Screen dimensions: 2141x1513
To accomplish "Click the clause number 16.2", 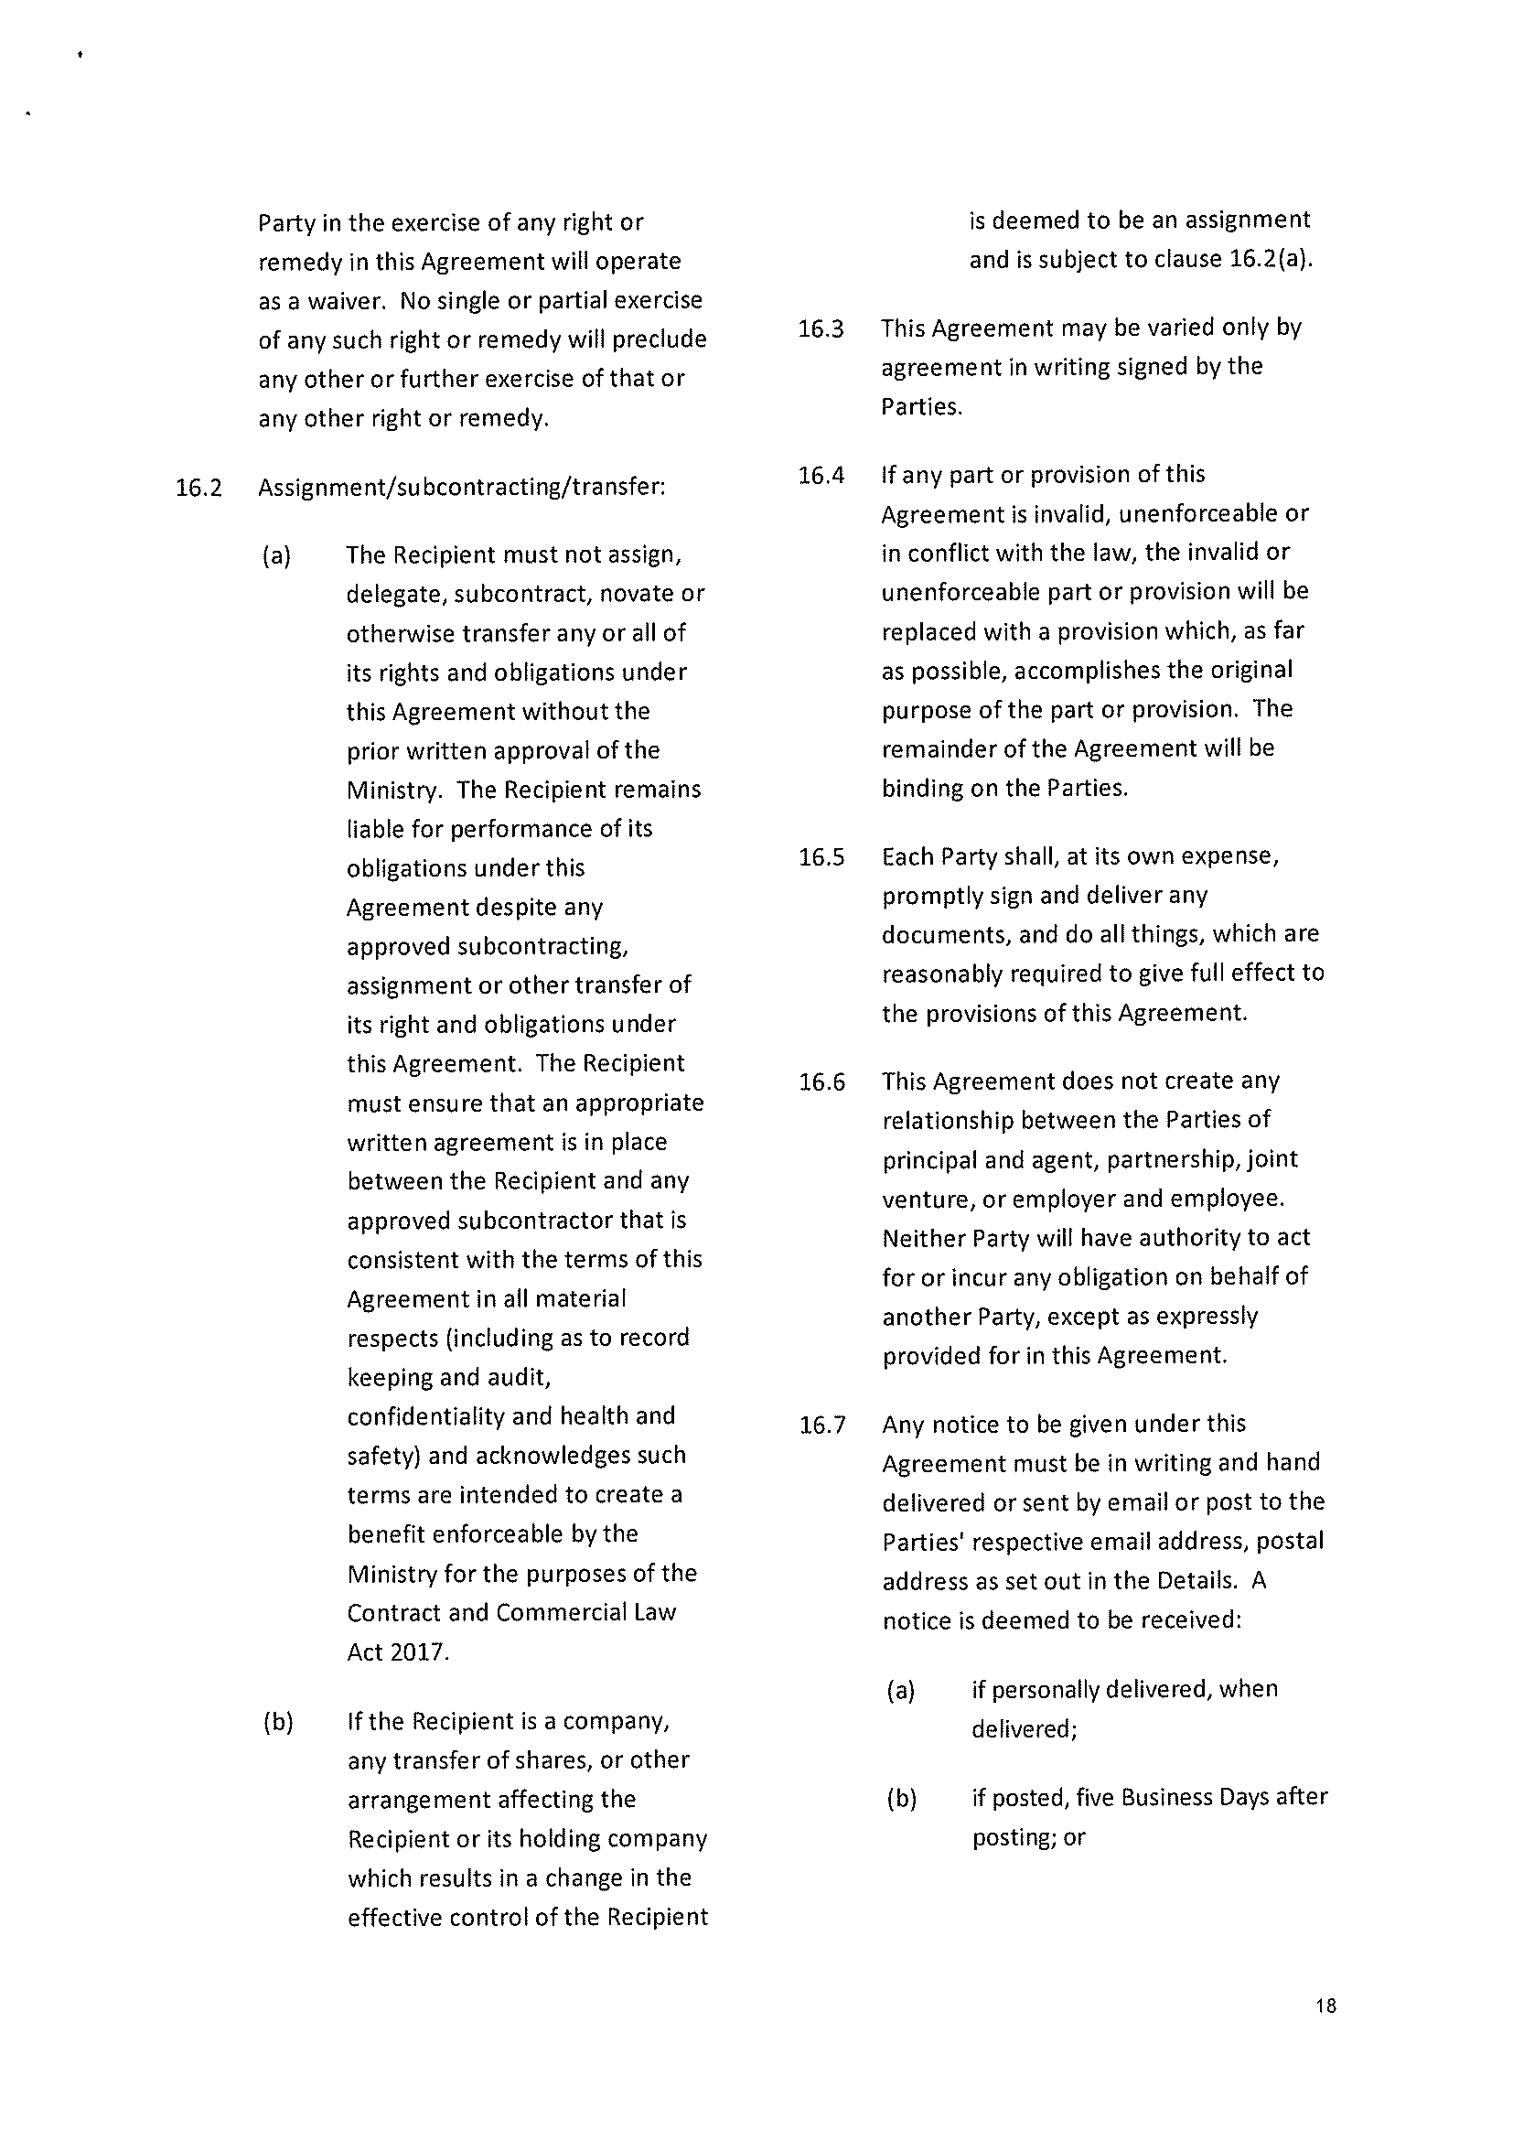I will pos(199,488).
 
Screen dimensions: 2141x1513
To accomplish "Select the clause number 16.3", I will pos(821,329).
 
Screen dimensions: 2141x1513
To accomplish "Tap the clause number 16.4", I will pos(821,476).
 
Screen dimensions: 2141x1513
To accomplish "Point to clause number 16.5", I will pos(821,857).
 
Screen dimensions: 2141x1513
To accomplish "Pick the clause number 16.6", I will pos(822,1082).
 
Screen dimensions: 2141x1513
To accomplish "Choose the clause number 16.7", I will pos(822,1425).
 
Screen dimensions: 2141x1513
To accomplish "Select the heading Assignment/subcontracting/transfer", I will pos(461,488).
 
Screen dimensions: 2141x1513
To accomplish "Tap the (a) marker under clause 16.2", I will pos(277,556).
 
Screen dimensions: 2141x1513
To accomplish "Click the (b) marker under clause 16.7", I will pos(901,1798).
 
